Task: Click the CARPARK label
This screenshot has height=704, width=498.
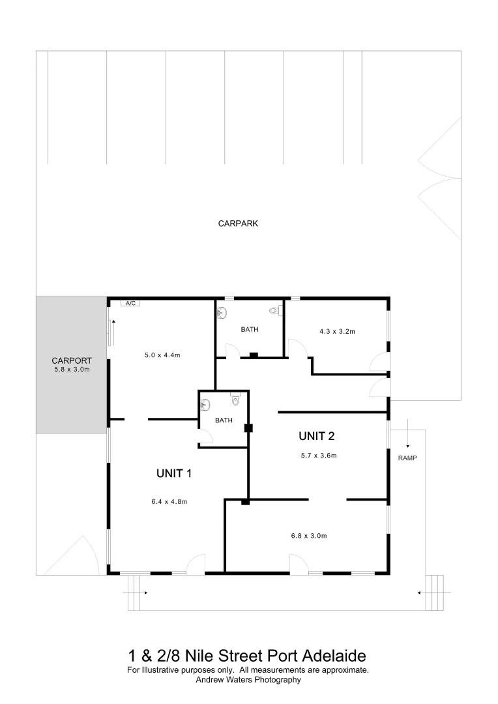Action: point(238,224)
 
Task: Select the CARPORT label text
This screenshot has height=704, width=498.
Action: point(71,360)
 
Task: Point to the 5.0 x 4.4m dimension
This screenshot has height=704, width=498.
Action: point(162,355)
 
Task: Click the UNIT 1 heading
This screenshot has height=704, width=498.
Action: point(173,474)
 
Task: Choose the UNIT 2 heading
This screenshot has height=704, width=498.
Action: point(317,435)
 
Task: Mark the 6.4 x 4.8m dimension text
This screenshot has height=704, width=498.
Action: point(169,502)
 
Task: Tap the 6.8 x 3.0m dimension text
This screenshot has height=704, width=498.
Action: point(308,536)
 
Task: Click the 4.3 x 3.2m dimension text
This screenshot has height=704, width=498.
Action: point(337,332)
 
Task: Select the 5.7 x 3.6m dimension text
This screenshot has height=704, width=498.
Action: point(319,456)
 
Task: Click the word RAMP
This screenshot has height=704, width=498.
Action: point(407,458)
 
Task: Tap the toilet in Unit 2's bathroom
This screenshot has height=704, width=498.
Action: point(274,311)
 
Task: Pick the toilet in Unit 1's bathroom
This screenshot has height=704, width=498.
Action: point(235,400)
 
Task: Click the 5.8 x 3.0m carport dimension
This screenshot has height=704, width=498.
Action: point(71,370)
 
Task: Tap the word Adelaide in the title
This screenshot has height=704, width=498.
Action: point(338,655)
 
